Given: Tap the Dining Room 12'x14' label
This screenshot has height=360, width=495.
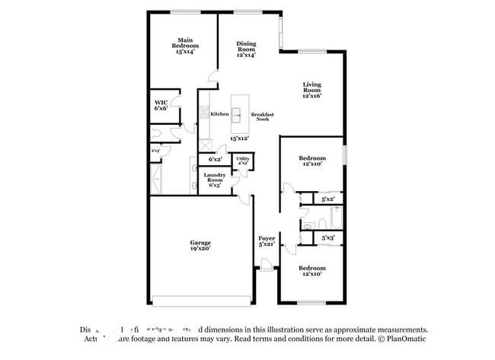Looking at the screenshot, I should point(245,49).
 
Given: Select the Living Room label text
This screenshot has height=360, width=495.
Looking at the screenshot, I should point(312,90).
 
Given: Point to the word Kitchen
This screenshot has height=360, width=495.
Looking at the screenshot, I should point(219,114).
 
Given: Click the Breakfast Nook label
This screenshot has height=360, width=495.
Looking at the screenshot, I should point(263,116).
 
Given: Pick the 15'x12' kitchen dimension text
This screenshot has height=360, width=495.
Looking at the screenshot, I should point(239,139).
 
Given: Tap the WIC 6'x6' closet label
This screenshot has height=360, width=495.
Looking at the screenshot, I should point(161,105).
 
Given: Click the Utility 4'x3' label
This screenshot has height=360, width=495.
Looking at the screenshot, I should point(243,161).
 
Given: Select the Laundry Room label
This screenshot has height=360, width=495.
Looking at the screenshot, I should point(214,179).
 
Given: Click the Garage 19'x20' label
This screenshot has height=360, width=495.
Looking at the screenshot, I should point(200,245).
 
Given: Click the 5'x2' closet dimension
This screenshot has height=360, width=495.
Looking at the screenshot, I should point(327,199).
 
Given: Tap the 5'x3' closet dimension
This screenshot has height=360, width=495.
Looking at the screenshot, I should point(327,238).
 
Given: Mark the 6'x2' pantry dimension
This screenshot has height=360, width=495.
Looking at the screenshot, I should point(216,160).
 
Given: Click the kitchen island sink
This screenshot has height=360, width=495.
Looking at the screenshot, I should point(236,116).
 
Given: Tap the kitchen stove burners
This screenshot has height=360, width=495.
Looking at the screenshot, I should point(203,114).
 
